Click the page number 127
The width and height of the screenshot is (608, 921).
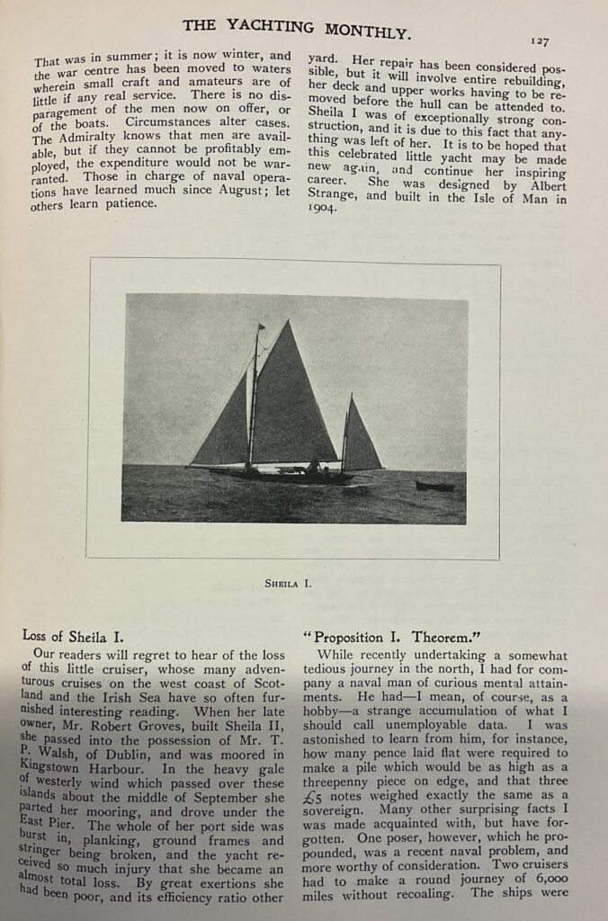540,40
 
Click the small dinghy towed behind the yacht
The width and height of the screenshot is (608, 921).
434,486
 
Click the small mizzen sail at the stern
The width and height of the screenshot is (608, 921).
359,439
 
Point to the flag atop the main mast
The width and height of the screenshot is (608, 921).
261,326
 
